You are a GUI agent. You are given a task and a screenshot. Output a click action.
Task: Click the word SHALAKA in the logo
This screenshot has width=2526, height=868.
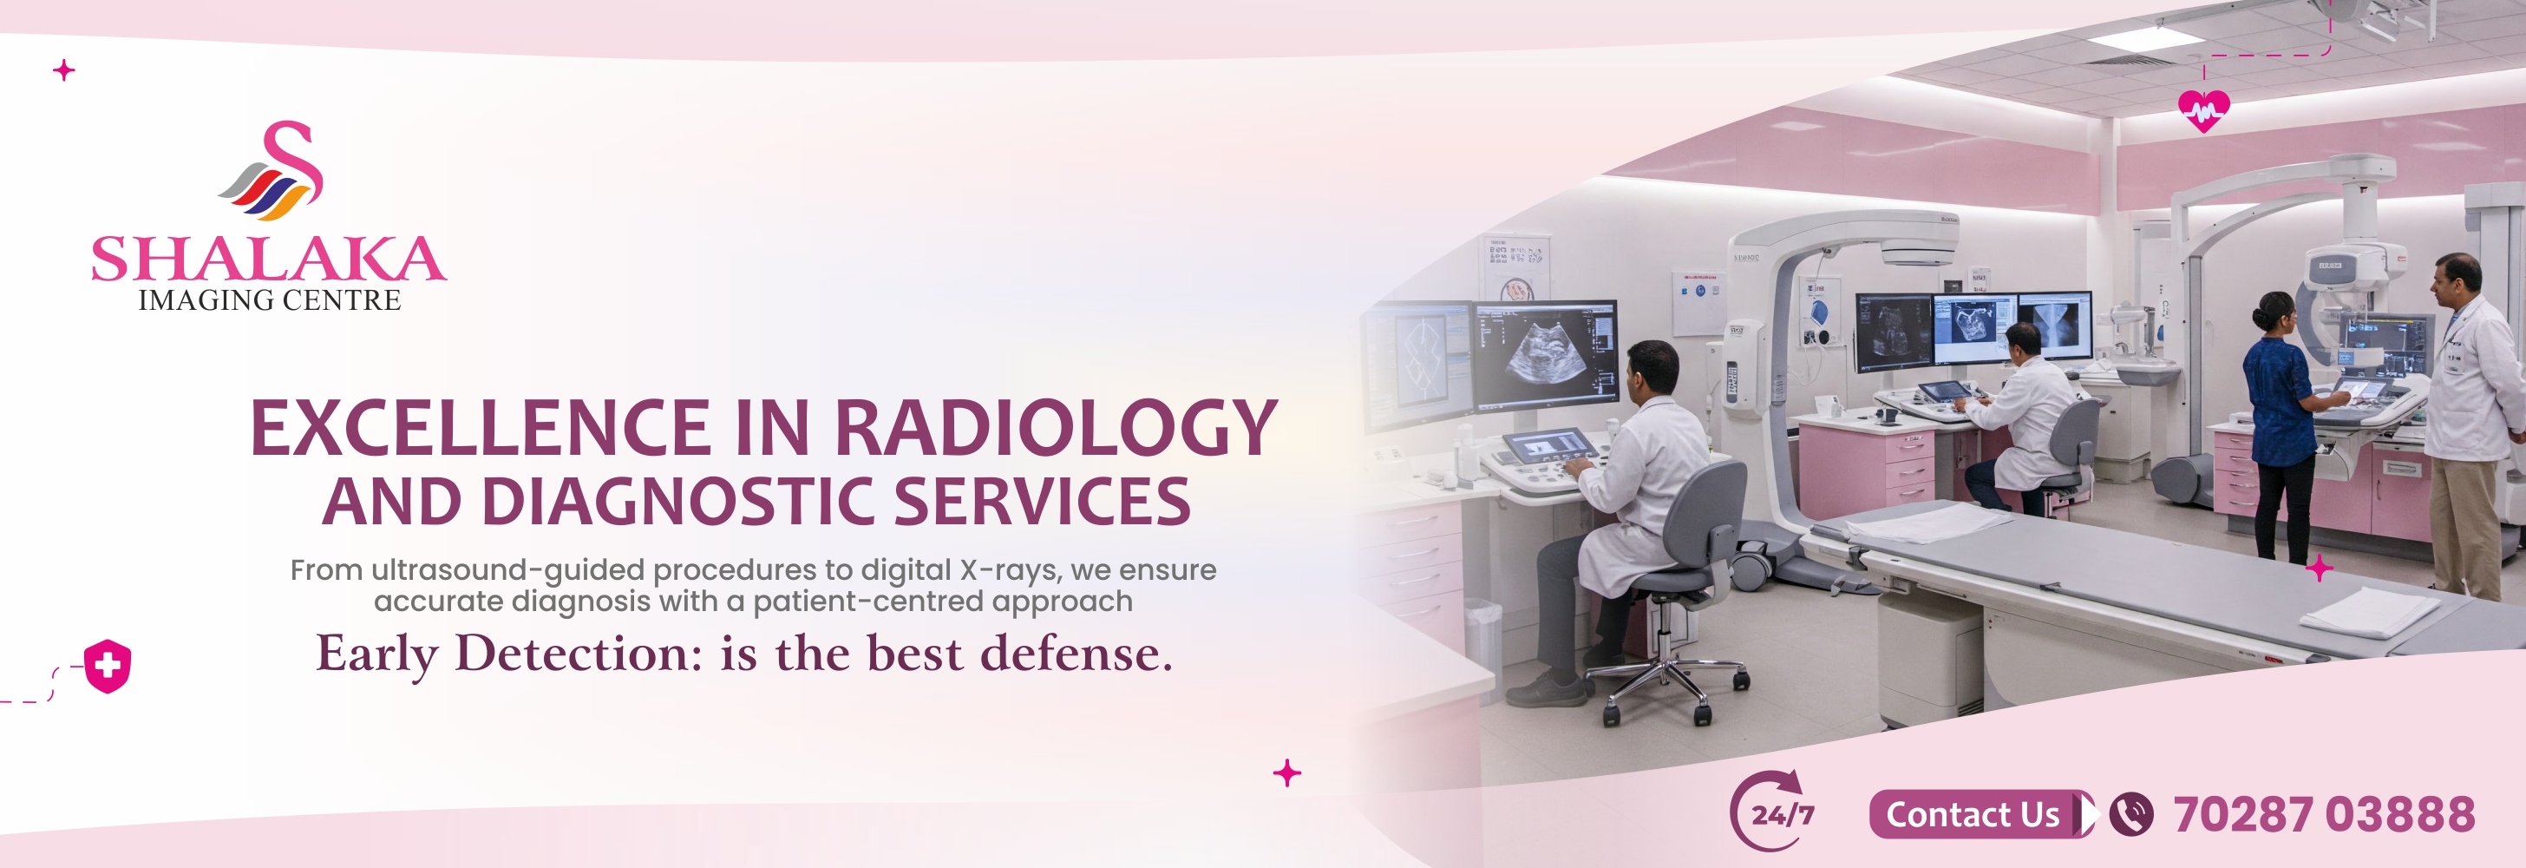click(x=269, y=259)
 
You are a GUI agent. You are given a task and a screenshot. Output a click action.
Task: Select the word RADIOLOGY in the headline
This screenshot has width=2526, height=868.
click(x=1055, y=429)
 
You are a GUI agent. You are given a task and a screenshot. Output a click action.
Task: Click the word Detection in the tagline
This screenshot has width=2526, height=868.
click(x=579, y=654)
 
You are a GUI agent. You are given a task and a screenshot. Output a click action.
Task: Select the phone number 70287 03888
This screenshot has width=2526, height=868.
click(x=2324, y=814)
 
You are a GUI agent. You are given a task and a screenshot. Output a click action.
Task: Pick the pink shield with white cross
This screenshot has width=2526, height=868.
click(x=108, y=667)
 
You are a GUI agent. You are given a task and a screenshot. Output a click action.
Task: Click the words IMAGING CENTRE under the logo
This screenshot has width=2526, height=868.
click(x=270, y=300)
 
